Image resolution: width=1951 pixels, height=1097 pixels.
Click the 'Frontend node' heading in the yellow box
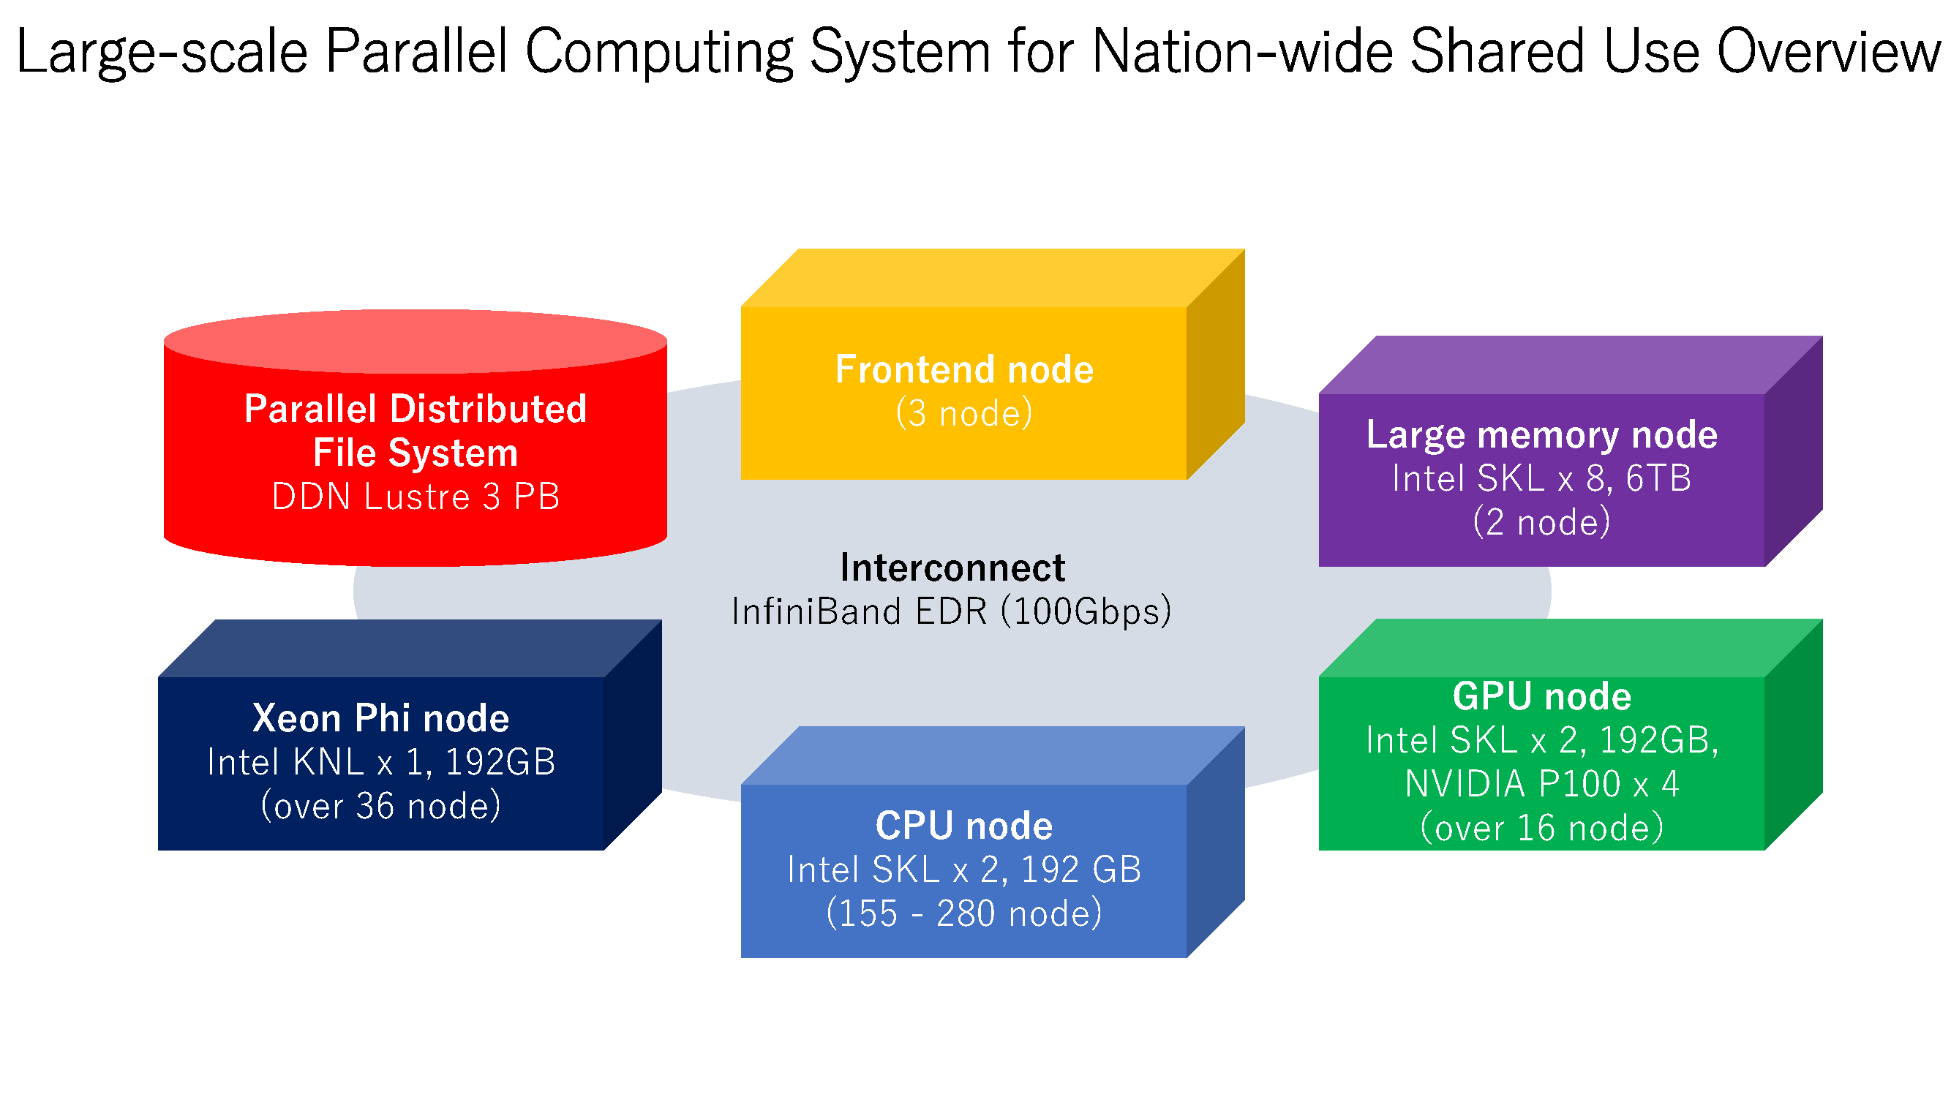pyautogui.click(x=963, y=369)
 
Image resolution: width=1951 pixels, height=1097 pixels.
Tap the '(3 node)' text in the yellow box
pyautogui.click(x=963, y=413)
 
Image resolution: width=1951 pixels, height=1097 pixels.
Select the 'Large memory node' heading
pyautogui.click(x=1541, y=434)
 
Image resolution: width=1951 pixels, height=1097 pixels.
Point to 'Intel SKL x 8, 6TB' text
pyautogui.click(x=1541, y=478)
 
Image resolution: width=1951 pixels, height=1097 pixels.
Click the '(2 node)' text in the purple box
pyautogui.click(x=1541, y=522)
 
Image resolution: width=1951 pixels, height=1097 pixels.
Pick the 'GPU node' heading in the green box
pyautogui.click(x=1541, y=695)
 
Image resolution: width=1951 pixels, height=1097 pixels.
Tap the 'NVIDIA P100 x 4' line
pyautogui.click(x=1541, y=783)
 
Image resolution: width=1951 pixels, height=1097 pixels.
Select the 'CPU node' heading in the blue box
pyautogui.click(x=963, y=825)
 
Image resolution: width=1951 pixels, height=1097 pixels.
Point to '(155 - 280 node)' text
pyautogui.click(x=963, y=913)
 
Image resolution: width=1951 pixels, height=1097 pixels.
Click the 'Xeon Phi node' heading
pyautogui.click(x=380, y=717)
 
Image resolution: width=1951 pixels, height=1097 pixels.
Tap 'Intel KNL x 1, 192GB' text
pyautogui.click(x=380, y=761)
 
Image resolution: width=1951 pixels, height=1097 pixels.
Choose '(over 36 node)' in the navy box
pyautogui.click(x=380, y=805)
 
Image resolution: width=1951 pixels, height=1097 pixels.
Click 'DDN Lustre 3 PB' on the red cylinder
pyautogui.click(x=415, y=497)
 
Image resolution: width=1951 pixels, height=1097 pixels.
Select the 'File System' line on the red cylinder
pyautogui.click(x=415, y=453)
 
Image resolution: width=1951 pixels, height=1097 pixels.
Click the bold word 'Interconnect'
pyautogui.click(x=952, y=568)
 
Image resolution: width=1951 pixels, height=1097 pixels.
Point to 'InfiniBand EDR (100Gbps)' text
pyautogui.click(x=952, y=611)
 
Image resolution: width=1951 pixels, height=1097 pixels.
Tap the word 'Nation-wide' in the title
pyautogui.click(x=1242, y=51)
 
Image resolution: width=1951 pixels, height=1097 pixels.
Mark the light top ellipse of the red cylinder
pyautogui.click(x=415, y=341)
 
